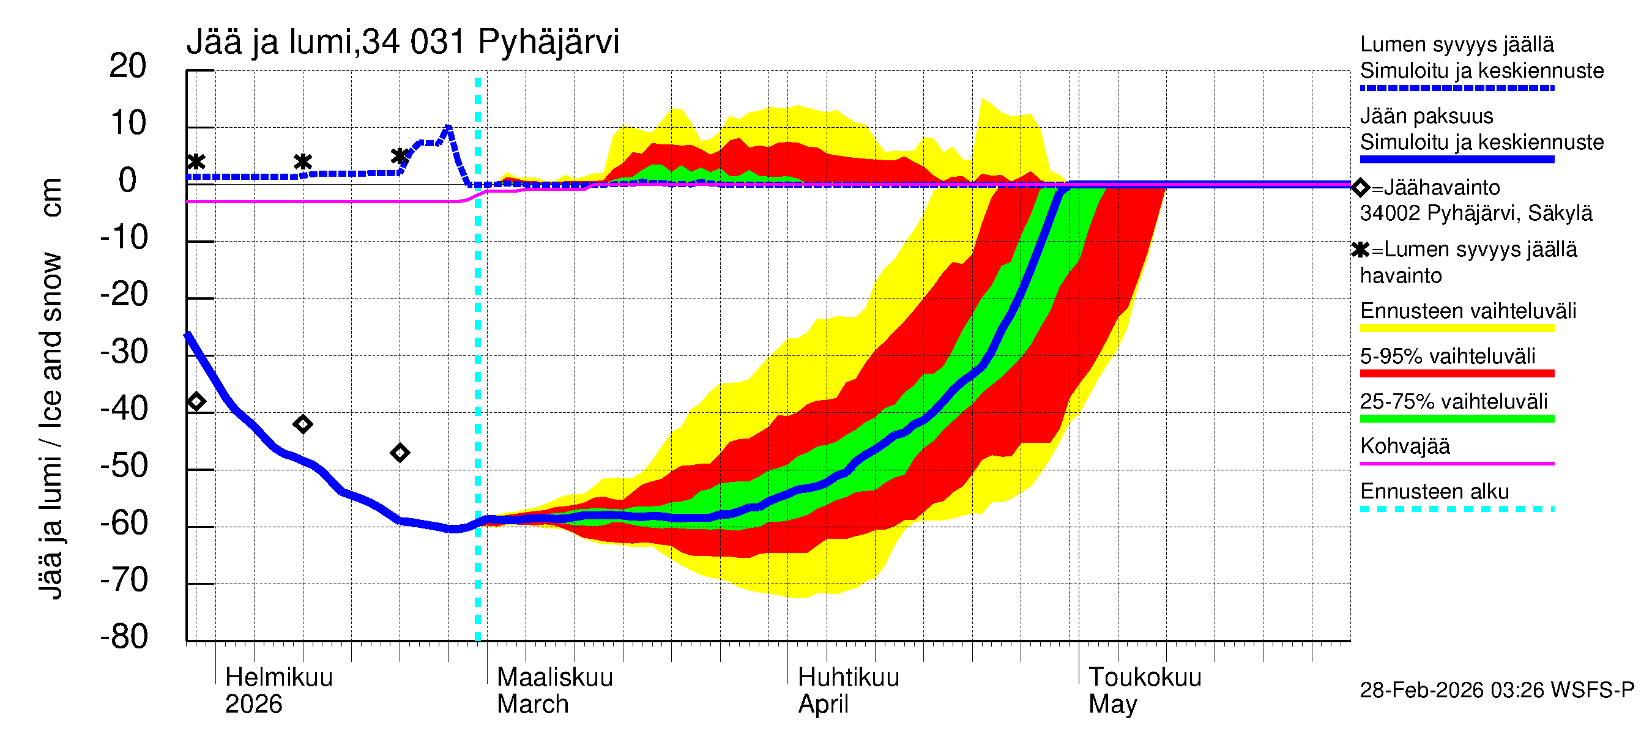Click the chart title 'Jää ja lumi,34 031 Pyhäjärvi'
[x=403, y=42]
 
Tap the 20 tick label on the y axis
[x=128, y=66]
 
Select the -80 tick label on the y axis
[x=124, y=637]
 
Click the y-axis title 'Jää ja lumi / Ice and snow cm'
[x=51, y=388]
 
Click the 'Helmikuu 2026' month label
[x=278, y=691]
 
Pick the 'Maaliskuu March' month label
[x=555, y=691]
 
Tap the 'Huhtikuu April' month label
[x=848, y=691]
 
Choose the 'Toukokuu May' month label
[x=1144, y=691]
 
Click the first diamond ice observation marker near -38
[x=196, y=402]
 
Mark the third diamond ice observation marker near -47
[x=400, y=453]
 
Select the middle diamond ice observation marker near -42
[x=303, y=424]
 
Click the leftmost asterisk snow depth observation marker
[x=196, y=161]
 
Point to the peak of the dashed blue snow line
[x=448, y=128]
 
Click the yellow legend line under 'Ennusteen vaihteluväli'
[x=1456, y=328]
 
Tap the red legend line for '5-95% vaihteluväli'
[x=1456, y=373]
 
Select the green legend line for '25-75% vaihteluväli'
[x=1456, y=418]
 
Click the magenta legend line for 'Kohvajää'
[x=1456, y=463]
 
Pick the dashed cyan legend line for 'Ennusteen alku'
[x=1456, y=509]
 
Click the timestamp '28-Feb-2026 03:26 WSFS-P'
[x=1497, y=691]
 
